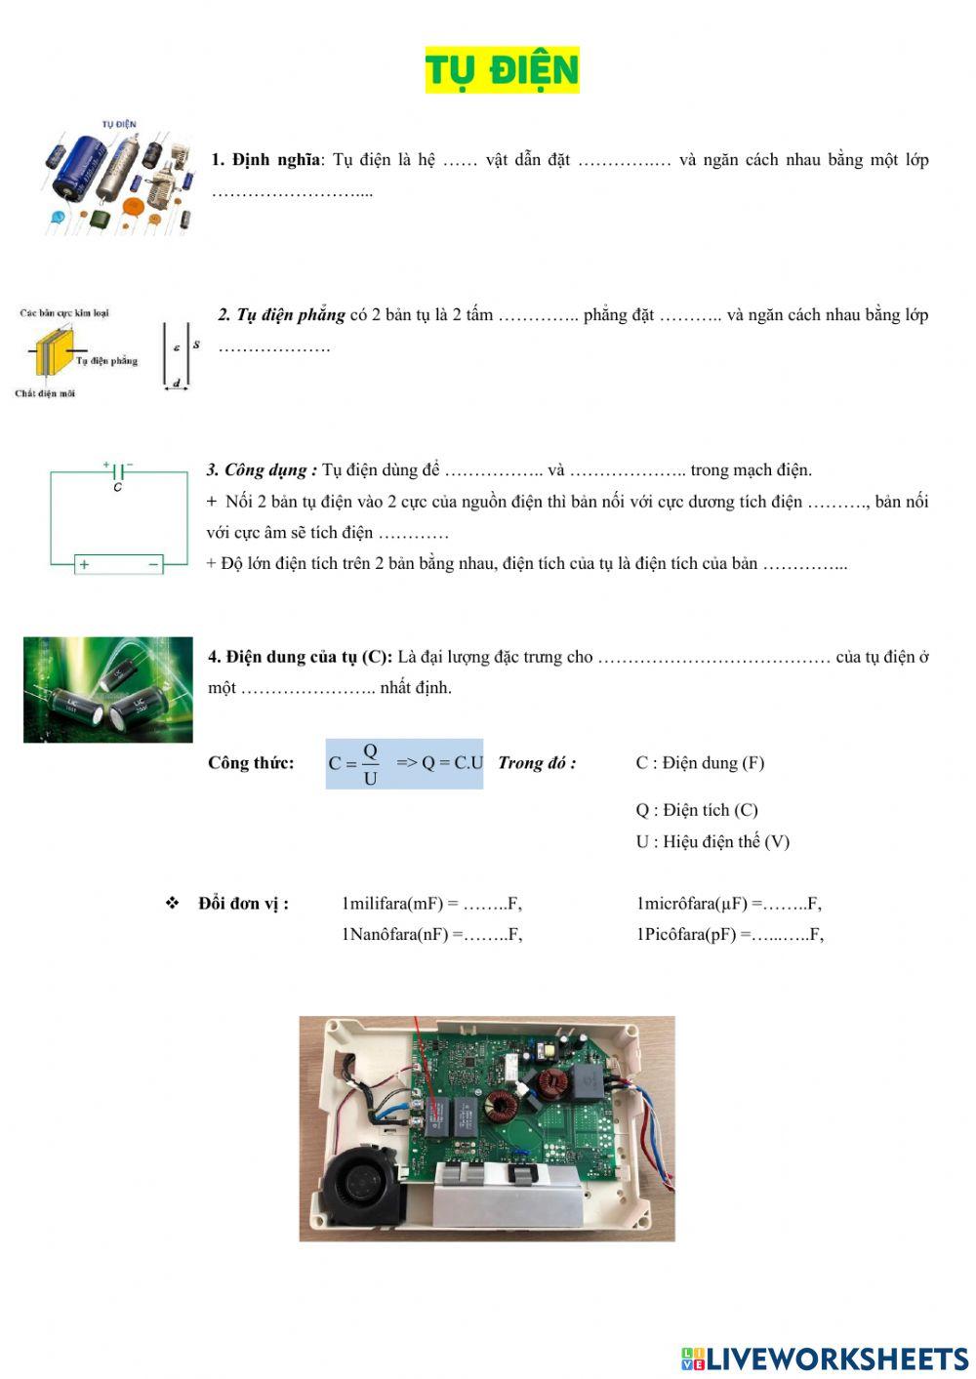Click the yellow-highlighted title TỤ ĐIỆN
pyautogui.click(x=502, y=70)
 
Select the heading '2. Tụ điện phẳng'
pyautogui.click(x=281, y=315)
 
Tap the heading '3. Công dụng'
pyautogui.click(x=262, y=470)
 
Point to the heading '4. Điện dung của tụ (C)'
pyautogui.click(x=300, y=657)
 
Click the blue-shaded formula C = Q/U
pyautogui.click(x=404, y=763)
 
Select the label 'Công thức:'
pyautogui.click(x=251, y=763)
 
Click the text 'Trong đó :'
pyautogui.click(x=537, y=763)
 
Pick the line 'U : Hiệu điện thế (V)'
pyautogui.click(x=712, y=841)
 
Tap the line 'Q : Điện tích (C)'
pyautogui.click(x=697, y=810)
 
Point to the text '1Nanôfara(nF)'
pyautogui.click(x=394, y=935)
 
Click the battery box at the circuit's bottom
pyautogui.click(x=119, y=564)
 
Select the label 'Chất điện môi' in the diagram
pyautogui.click(x=45, y=394)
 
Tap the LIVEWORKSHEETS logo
pyautogui.click(x=825, y=1359)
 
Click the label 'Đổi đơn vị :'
pyautogui.click(x=243, y=904)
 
